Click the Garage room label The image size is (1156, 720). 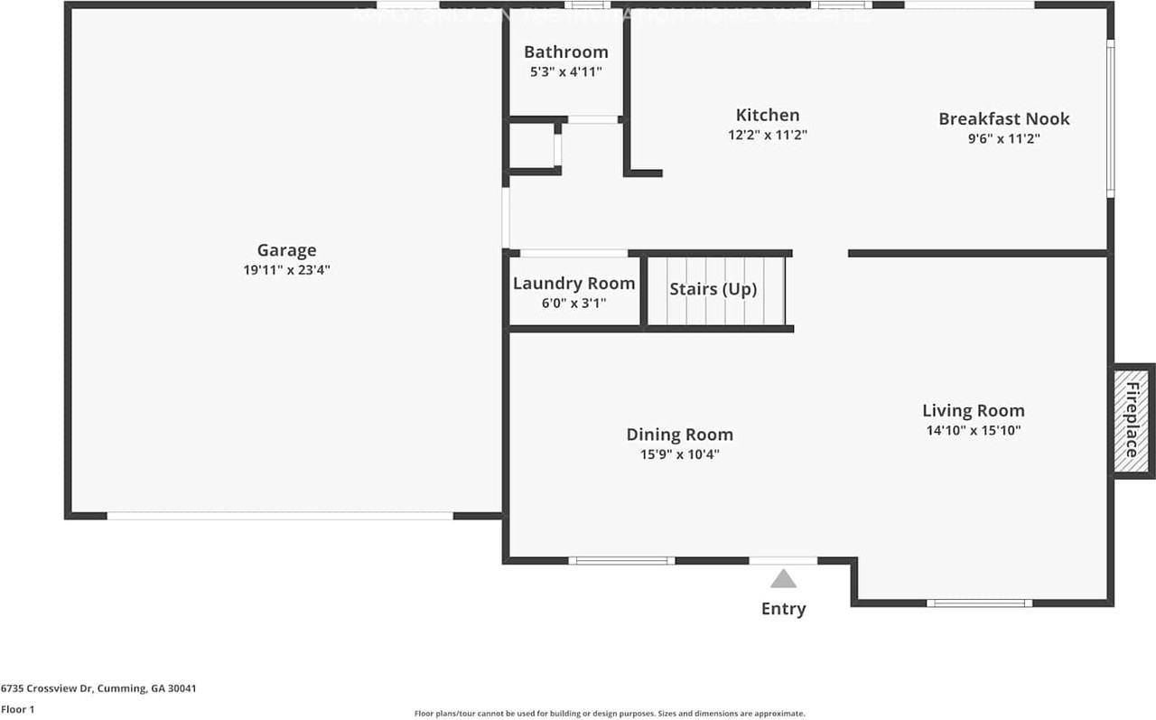coord(286,250)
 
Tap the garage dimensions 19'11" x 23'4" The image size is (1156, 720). coord(286,269)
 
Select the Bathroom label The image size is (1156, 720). coord(566,51)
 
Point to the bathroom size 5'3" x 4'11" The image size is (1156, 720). coord(566,71)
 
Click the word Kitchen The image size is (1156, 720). coord(768,115)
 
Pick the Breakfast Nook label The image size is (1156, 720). coord(1003,118)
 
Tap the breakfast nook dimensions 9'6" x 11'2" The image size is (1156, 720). coord(1003,139)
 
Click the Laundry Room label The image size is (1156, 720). coord(574,284)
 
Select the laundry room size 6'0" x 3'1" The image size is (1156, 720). coord(574,304)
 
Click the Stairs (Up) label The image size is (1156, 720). coord(713,289)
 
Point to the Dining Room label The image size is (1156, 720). coord(680,435)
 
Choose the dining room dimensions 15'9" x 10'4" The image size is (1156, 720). coord(680,454)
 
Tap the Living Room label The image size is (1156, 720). coord(974,410)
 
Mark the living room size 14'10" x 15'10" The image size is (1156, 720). coord(974,431)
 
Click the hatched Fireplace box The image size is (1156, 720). coord(1132,420)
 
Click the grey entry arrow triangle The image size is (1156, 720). coord(783,579)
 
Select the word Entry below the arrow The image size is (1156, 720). coord(783,609)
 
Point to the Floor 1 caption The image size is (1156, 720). coord(18,710)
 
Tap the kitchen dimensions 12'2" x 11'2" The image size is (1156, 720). coord(768,136)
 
